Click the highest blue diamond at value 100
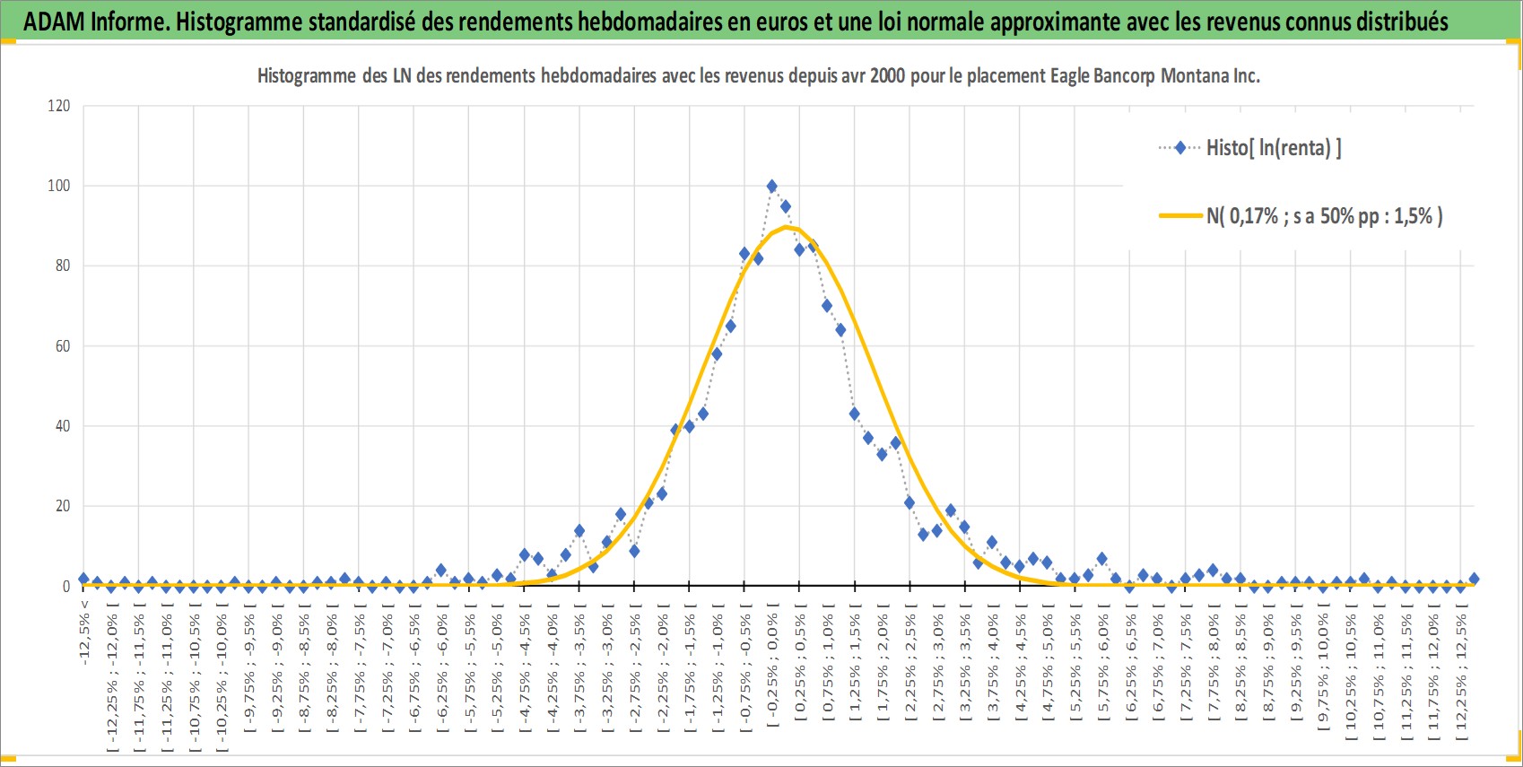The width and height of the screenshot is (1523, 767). coord(771,187)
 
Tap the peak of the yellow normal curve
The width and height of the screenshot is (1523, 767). coord(786,227)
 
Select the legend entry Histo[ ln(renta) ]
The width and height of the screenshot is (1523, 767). coord(1250,147)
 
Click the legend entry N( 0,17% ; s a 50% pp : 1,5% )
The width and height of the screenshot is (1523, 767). coord(1301,216)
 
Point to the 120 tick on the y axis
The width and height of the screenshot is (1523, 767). coord(58,105)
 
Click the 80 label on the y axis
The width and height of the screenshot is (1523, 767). coord(63,266)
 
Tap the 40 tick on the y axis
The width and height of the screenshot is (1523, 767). coord(63,425)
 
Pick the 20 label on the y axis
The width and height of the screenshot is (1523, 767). coord(63,506)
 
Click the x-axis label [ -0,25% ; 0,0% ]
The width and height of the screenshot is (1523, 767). coord(772,670)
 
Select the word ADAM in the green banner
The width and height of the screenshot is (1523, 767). coord(54,22)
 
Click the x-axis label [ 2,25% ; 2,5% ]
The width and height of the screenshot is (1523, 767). coord(910,673)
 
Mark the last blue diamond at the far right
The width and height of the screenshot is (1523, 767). coord(1474,579)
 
